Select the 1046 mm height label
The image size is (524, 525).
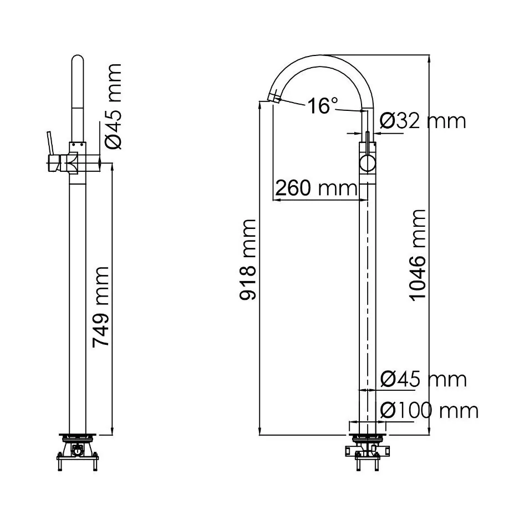[x=417, y=254]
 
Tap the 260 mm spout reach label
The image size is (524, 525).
[x=316, y=188]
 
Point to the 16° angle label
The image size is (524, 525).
[x=323, y=105]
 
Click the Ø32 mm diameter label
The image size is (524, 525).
[x=423, y=120]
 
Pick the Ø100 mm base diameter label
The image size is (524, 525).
[x=429, y=411]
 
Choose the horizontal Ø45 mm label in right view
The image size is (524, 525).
[x=423, y=380]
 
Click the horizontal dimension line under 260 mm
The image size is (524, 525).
[x=322, y=200]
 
